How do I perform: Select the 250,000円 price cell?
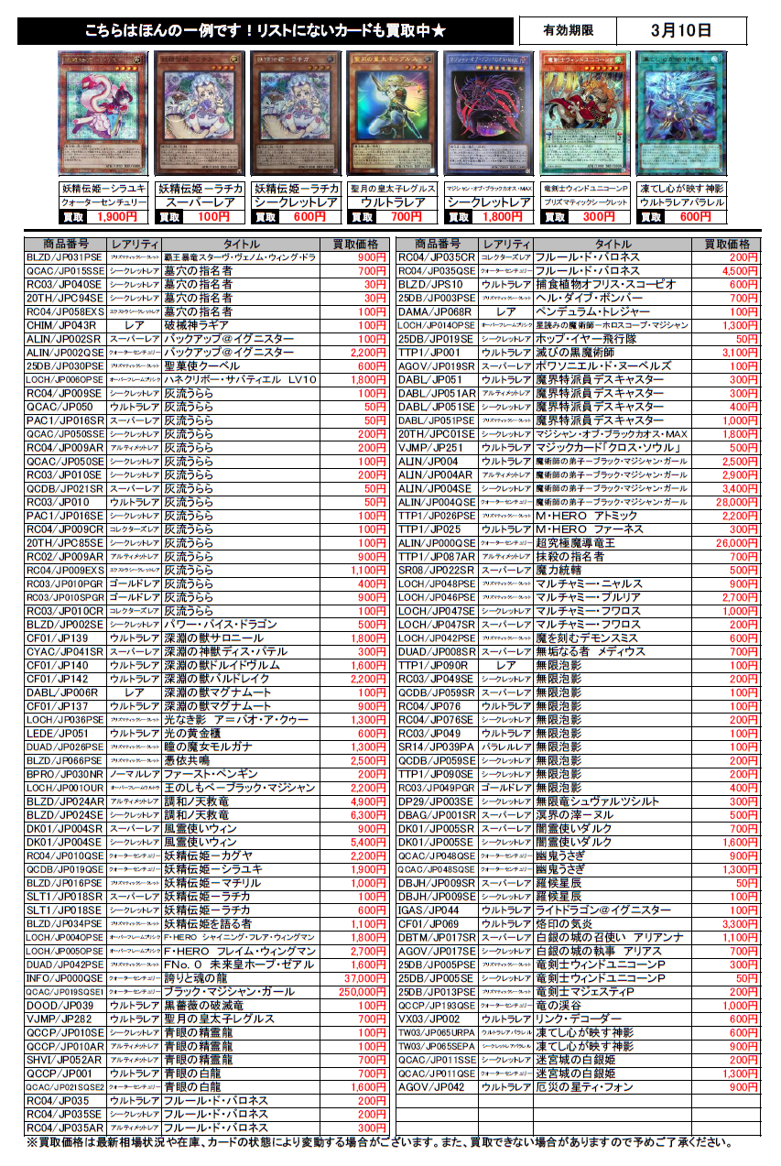(x=354, y=991)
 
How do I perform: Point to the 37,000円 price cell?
(x=354, y=978)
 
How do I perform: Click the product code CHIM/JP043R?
(x=61, y=325)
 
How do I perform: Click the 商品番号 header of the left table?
(x=61, y=245)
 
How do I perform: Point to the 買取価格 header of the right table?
(x=727, y=245)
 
